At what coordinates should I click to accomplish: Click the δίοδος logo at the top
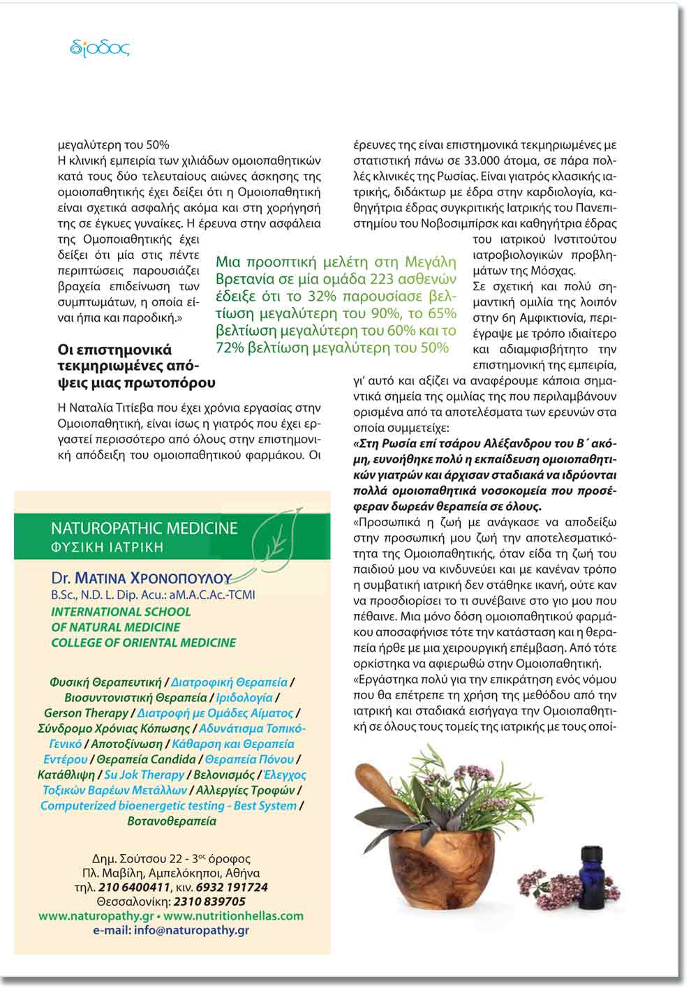point(101,47)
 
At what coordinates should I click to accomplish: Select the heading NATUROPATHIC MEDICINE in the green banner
point(144,528)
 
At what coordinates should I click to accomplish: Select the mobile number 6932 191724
point(232,888)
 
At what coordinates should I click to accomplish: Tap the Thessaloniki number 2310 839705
point(209,902)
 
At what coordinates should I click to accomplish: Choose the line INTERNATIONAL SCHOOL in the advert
point(121,612)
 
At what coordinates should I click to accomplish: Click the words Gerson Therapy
point(86,713)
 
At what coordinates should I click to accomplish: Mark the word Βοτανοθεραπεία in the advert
point(172,821)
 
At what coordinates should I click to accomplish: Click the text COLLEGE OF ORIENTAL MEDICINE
point(144,643)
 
